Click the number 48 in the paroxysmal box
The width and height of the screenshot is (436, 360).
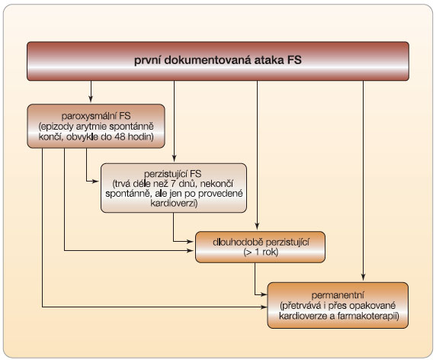(x=120, y=137)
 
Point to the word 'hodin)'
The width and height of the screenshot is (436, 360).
(x=141, y=137)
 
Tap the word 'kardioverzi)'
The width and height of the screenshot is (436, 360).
(x=174, y=204)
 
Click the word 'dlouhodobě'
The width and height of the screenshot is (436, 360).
(x=237, y=242)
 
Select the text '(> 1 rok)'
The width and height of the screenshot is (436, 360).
(x=261, y=252)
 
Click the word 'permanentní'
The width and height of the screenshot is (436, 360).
(x=338, y=295)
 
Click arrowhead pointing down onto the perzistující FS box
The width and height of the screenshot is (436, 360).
(x=174, y=158)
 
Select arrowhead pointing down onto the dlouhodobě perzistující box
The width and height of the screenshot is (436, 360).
(x=257, y=226)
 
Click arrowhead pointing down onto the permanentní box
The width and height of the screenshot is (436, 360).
(x=363, y=277)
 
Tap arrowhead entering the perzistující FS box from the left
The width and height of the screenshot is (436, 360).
(x=96, y=182)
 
